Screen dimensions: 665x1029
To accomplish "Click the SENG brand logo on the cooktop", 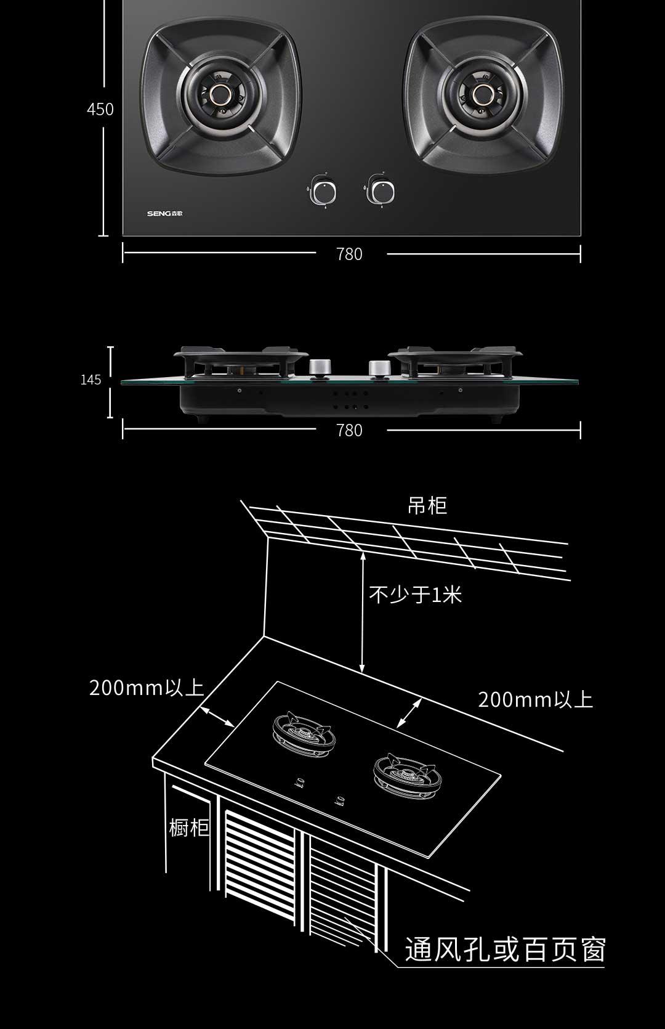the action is pyautogui.click(x=165, y=214).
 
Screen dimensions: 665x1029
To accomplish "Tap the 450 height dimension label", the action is pyautogui.click(x=100, y=109).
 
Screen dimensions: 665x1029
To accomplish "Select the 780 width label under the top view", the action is pyautogui.click(x=349, y=254).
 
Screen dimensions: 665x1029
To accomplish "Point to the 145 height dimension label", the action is pyautogui.click(x=91, y=380).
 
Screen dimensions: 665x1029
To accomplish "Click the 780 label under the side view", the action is pyautogui.click(x=349, y=431).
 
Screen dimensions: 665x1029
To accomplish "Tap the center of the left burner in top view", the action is pyautogui.click(x=221, y=95).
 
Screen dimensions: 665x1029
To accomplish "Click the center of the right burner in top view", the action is pyautogui.click(x=483, y=95).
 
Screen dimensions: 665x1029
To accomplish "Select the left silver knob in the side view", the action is pyautogui.click(x=319, y=367).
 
